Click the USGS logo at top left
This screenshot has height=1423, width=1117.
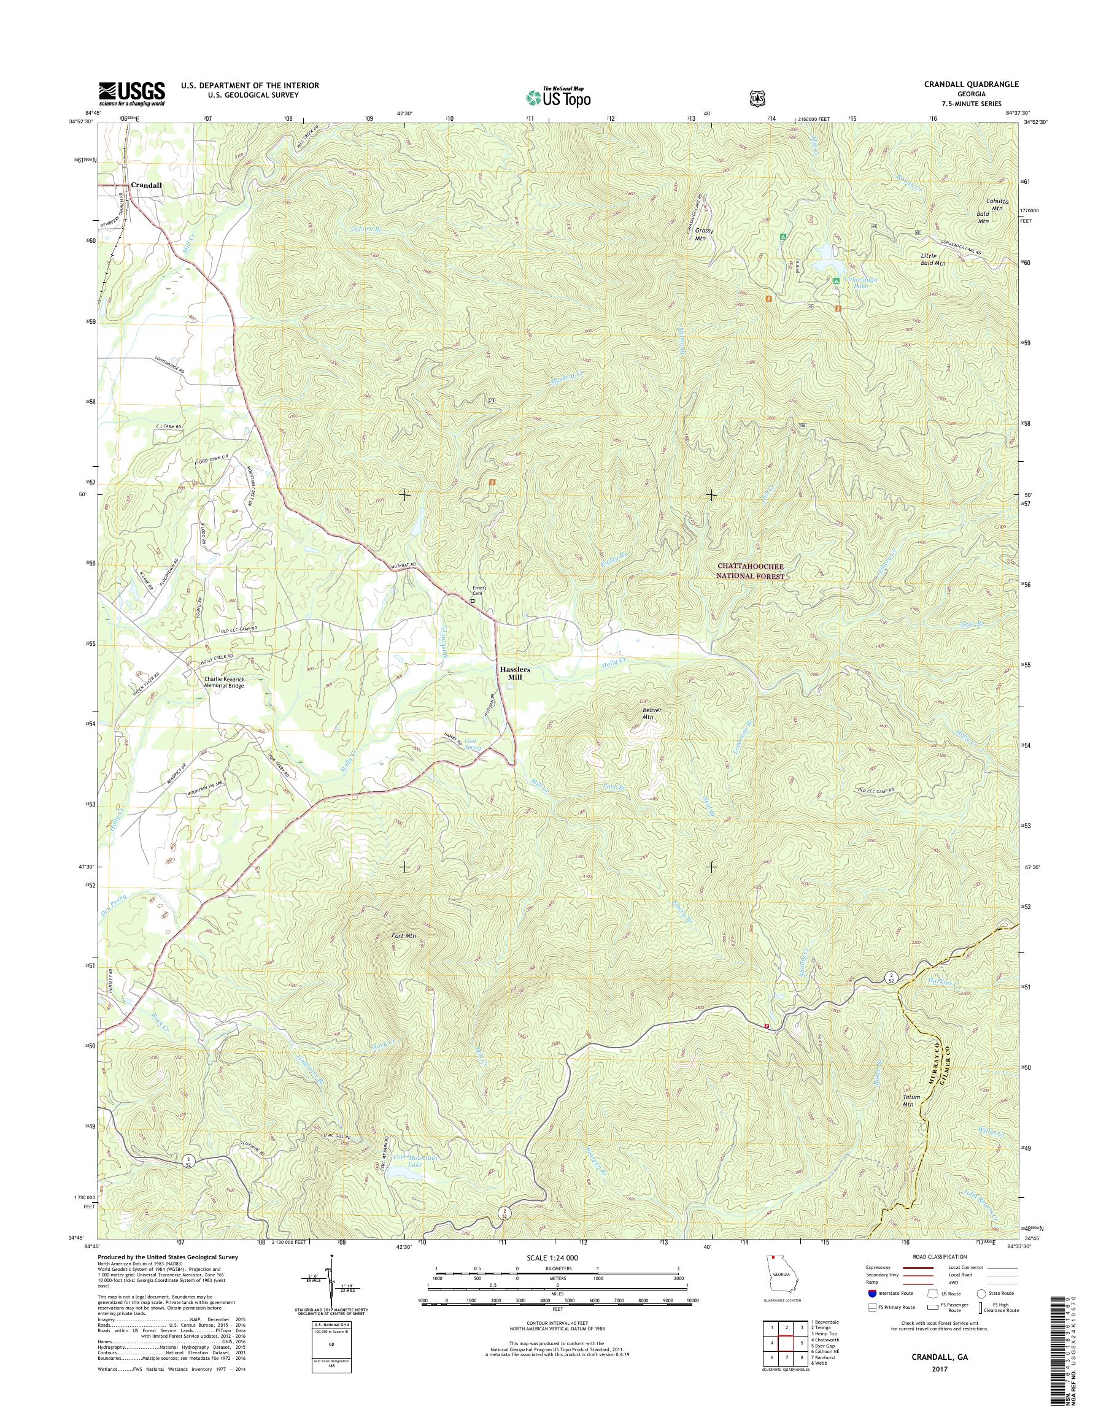click(x=131, y=93)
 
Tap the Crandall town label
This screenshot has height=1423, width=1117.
click(x=146, y=185)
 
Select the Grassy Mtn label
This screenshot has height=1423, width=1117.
click(x=704, y=235)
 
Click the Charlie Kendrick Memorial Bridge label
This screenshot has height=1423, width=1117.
click(x=223, y=683)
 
